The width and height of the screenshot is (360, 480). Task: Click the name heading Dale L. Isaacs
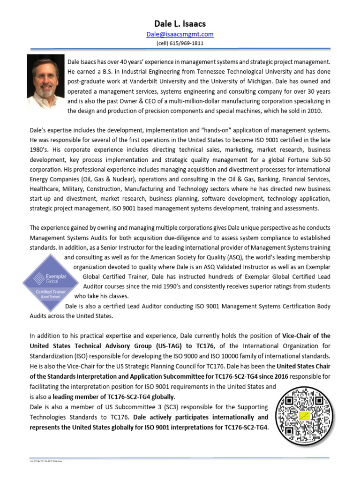click(x=180, y=23)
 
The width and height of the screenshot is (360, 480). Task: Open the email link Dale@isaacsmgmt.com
click(x=180, y=34)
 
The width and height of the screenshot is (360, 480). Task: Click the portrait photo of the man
click(x=46, y=82)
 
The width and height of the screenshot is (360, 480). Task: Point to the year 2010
click(x=314, y=111)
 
